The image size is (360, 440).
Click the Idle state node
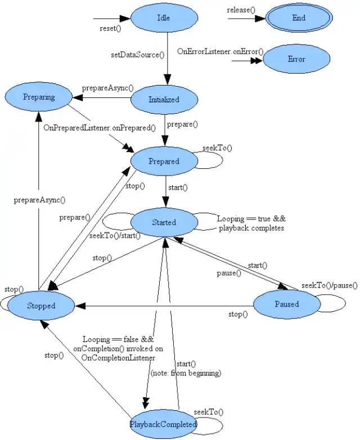pyautogui.click(x=164, y=18)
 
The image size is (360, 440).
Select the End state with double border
pyautogui.click(x=299, y=18)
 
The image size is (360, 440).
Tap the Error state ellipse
pyautogui.click(x=296, y=59)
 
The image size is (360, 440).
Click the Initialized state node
pyautogui.click(x=164, y=100)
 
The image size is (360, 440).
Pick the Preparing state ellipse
pyautogui.click(x=39, y=97)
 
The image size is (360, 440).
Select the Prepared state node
pyautogui.click(x=164, y=161)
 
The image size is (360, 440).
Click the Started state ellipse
pyautogui.click(x=164, y=222)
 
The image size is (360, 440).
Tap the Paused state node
pyautogui.click(x=287, y=304)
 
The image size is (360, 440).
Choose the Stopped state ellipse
pyautogui.click(x=41, y=306)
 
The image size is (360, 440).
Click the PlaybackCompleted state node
pyautogui.click(x=163, y=424)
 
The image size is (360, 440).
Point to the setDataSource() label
pyautogui.click(x=138, y=55)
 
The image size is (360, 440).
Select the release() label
pyautogui.click(x=241, y=10)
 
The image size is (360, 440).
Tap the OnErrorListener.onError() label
pyautogui.click(x=220, y=51)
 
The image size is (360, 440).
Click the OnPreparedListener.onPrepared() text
pyautogui.click(x=99, y=127)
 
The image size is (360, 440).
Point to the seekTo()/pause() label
pyautogui.click(x=328, y=285)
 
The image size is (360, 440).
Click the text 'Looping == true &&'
pyautogui.click(x=251, y=219)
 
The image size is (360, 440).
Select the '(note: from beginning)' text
pyautogui.click(x=186, y=372)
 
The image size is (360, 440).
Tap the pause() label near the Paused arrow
pyautogui.click(x=229, y=273)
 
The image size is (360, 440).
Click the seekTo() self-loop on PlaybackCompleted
pyautogui.click(x=208, y=412)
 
